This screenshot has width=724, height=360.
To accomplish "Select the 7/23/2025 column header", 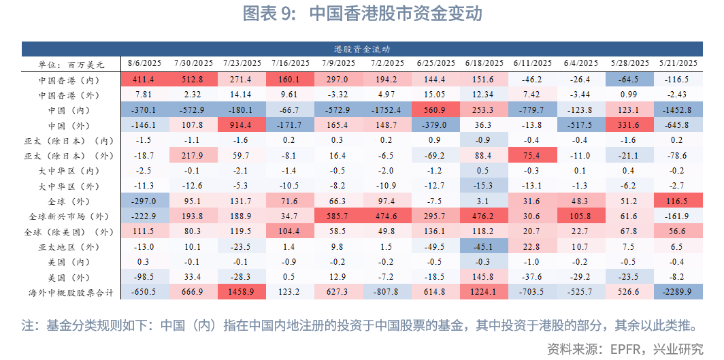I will [x=242, y=64].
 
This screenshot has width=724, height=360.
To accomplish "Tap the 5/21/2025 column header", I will [x=678, y=64].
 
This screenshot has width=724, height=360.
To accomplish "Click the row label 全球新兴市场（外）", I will [x=71, y=216].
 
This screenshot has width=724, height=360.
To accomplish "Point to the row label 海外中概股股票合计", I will [x=71, y=293].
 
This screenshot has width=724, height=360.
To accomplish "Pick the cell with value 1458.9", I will [x=242, y=293].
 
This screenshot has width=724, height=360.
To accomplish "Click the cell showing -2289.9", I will [x=678, y=293].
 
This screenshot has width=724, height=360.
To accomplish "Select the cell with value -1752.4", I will [x=387, y=110].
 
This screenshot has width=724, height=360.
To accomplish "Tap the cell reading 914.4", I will [x=242, y=125].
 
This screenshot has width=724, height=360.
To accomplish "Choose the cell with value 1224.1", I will [x=484, y=293].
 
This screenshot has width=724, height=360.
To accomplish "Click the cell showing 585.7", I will [x=338, y=216].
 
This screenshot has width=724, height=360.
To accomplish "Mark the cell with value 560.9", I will [x=435, y=110].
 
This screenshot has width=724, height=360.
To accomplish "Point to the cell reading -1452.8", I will [x=678, y=110].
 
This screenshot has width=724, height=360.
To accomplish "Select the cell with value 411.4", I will [x=144, y=80].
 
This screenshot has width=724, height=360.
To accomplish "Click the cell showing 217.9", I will [x=193, y=156].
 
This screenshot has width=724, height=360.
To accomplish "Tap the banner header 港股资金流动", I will [x=362, y=49].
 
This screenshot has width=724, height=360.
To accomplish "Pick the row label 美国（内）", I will [x=71, y=262].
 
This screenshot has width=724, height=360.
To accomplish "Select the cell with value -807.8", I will [x=387, y=293].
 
